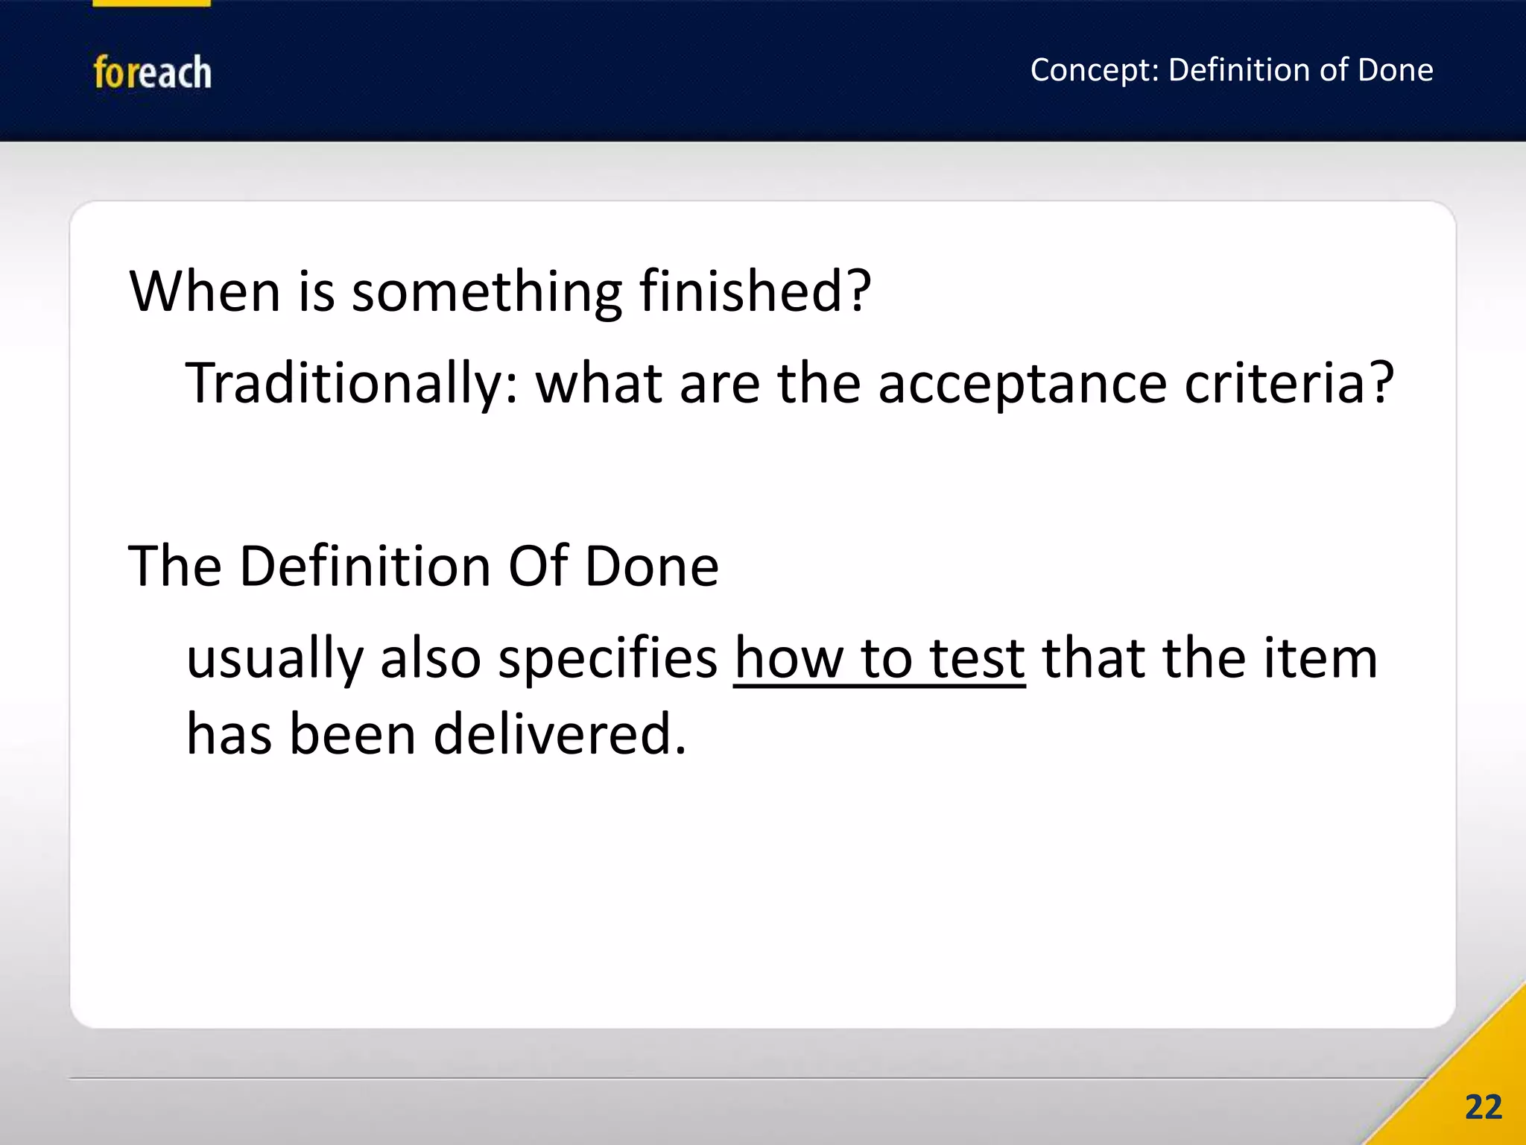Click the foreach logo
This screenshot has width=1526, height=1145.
152,72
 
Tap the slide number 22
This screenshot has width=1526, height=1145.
1483,1108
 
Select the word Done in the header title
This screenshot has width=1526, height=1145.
1395,70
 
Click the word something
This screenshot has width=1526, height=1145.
487,292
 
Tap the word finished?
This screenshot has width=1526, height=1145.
756,291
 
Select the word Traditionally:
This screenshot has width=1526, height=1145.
351,384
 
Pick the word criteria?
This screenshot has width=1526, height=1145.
1289,383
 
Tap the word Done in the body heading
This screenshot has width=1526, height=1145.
652,567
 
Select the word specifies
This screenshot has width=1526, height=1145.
607,660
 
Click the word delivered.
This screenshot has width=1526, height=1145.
560,734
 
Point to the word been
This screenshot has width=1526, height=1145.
352,734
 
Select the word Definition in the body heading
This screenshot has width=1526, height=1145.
365,567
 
